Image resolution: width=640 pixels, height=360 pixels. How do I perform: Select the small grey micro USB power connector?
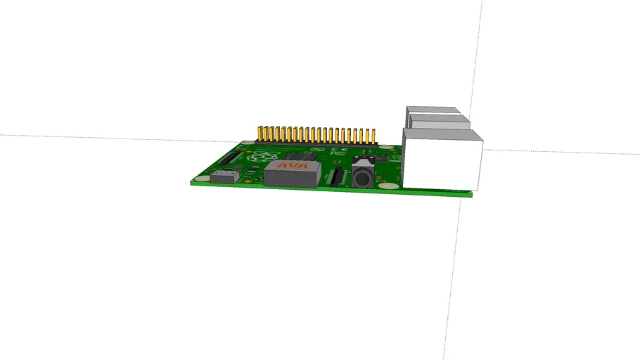pyautogui.click(x=225, y=175)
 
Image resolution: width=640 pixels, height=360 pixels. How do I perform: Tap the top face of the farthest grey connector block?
pyautogui.click(x=430, y=110)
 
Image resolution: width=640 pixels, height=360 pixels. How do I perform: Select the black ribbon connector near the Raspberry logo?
pyautogui.click(x=233, y=158)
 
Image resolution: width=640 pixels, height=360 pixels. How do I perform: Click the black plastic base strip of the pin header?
pyautogui.click(x=316, y=143)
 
